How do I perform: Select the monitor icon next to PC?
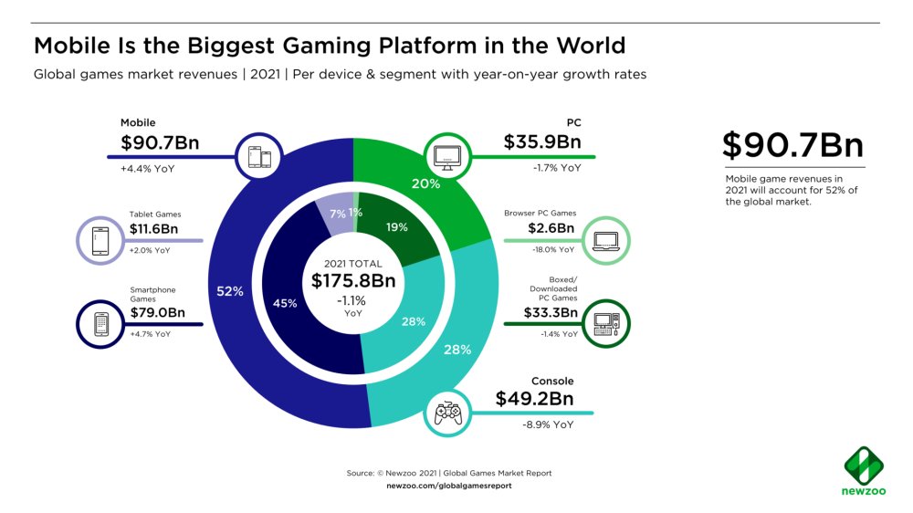pyautogui.click(x=446, y=155)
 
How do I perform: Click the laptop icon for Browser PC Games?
pyautogui.click(x=607, y=240)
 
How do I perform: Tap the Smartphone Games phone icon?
pyautogui.click(x=101, y=324)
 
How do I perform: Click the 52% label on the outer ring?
pyautogui.click(x=229, y=291)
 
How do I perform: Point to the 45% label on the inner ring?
pyautogui.click(x=285, y=303)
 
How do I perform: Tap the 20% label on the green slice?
pyautogui.click(x=426, y=183)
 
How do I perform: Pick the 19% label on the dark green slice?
pyautogui.click(x=396, y=228)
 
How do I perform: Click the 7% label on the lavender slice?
pyautogui.click(x=338, y=213)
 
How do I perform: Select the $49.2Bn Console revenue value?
pyautogui.click(x=535, y=399)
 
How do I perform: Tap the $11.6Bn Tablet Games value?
pyautogui.click(x=156, y=232)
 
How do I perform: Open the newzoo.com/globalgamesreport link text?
pyautogui.click(x=449, y=486)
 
